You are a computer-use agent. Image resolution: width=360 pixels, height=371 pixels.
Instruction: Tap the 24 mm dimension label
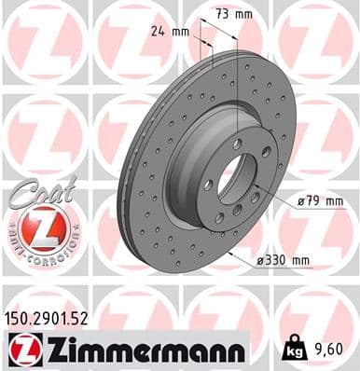pyautogui.click(x=170, y=31)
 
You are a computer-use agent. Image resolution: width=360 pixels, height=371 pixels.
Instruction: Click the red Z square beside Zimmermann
pyautogui.click(x=21, y=350)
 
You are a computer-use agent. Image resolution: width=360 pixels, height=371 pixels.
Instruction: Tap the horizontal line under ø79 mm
pyautogui.click(x=308, y=210)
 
